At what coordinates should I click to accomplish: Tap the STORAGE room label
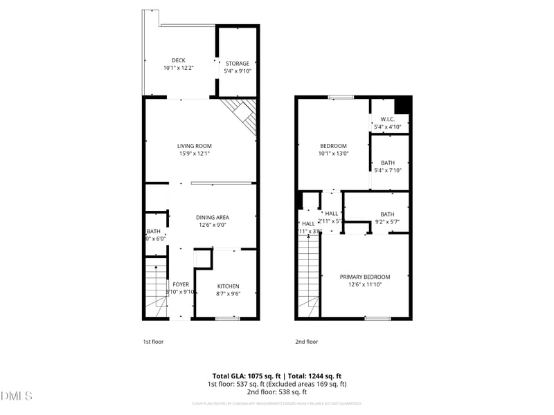coord(237,64)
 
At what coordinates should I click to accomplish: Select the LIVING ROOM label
coord(194,146)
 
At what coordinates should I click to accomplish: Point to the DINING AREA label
coord(213,217)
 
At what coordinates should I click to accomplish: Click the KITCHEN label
coord(229,286)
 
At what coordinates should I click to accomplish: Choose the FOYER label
coord(181,284)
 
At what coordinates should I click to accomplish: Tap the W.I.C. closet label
coord(387,119)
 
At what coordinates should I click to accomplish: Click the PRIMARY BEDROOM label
coord(364,277)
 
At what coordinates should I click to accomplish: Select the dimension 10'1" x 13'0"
coord(333,154)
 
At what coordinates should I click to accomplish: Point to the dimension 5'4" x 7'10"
coord(388,170)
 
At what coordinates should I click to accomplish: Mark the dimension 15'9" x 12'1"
coord(194,154)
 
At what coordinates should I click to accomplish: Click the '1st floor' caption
coord(153,342)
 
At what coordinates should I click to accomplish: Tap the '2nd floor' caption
coord(307,342)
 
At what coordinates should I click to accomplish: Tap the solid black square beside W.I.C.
coord(402,105)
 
